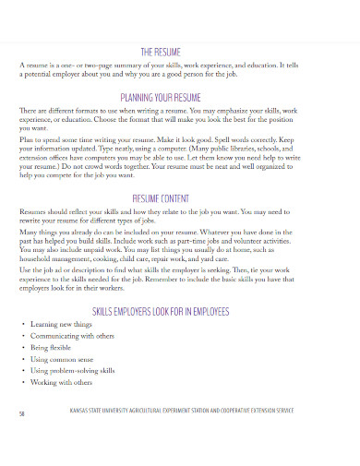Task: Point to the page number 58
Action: point(21,413)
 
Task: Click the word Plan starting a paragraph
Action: point(26,138)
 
